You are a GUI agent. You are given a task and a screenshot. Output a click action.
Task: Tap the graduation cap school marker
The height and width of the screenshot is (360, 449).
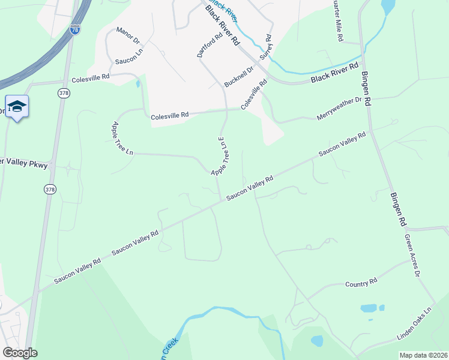[x=17, y=107]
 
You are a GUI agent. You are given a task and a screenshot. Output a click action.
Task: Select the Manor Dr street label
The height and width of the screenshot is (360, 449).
[x=128, y=35]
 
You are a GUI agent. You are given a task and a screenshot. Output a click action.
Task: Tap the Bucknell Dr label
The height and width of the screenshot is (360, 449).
[x=240, y=77]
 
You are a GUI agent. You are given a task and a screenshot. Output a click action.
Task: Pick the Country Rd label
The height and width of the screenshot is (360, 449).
[x=361, y=281]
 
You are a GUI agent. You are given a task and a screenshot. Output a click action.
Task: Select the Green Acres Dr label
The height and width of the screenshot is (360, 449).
[x=411, y=255]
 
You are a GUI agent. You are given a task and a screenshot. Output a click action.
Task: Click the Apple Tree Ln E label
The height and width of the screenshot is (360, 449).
[x=221, y=155]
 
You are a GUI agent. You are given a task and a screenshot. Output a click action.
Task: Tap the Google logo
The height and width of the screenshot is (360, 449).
[x=19, y=353]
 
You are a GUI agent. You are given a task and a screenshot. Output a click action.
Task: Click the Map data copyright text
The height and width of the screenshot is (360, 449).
[x=424, y=355]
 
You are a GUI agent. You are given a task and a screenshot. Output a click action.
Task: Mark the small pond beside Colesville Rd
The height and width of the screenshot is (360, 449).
[x=138, y=83]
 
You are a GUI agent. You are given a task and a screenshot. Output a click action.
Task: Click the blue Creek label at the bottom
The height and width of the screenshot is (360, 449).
[x=170, y=349]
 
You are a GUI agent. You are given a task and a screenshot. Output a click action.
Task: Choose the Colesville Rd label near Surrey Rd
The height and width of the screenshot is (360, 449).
[x=254, y=95]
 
